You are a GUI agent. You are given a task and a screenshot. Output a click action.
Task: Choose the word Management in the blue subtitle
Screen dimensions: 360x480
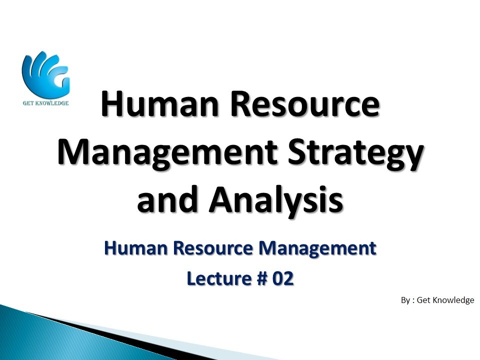(x=315, y=248)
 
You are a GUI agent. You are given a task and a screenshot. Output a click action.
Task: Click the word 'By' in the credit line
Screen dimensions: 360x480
(x=405, y=300)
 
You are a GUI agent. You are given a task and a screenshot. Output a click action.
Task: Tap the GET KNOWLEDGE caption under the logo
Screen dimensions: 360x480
(x=45, y=103)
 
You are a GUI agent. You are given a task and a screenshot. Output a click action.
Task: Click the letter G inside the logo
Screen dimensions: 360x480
(x=59, y=80)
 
